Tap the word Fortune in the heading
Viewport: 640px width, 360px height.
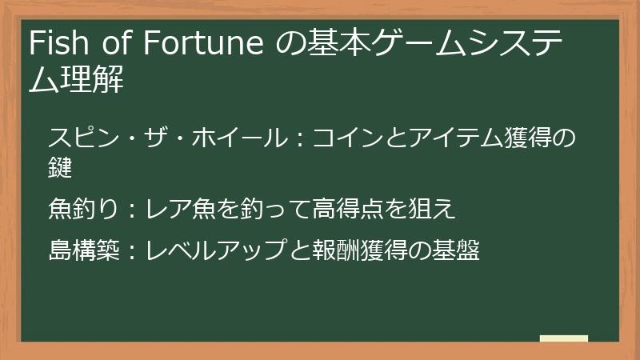point(203,44)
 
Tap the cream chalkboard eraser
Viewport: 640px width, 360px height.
point(564,339)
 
